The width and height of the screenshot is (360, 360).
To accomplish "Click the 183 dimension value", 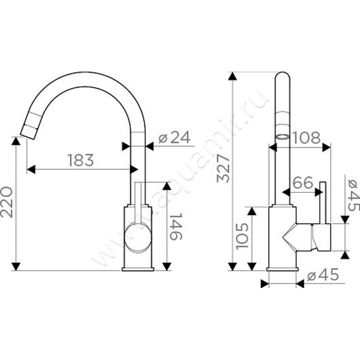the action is pos(81,160).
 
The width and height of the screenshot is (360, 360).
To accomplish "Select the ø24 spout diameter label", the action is pos(175,137).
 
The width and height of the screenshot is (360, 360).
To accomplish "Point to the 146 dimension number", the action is pos(176,226).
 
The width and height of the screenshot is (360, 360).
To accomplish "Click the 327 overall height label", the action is pos(223,168).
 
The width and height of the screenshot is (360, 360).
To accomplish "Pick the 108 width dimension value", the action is pos(306,138).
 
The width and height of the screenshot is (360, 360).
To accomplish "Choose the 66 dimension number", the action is pos(303,182).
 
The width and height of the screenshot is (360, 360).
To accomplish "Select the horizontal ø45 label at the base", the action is pos(323,274).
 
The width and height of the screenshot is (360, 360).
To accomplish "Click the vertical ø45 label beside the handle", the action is pos(354,195).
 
